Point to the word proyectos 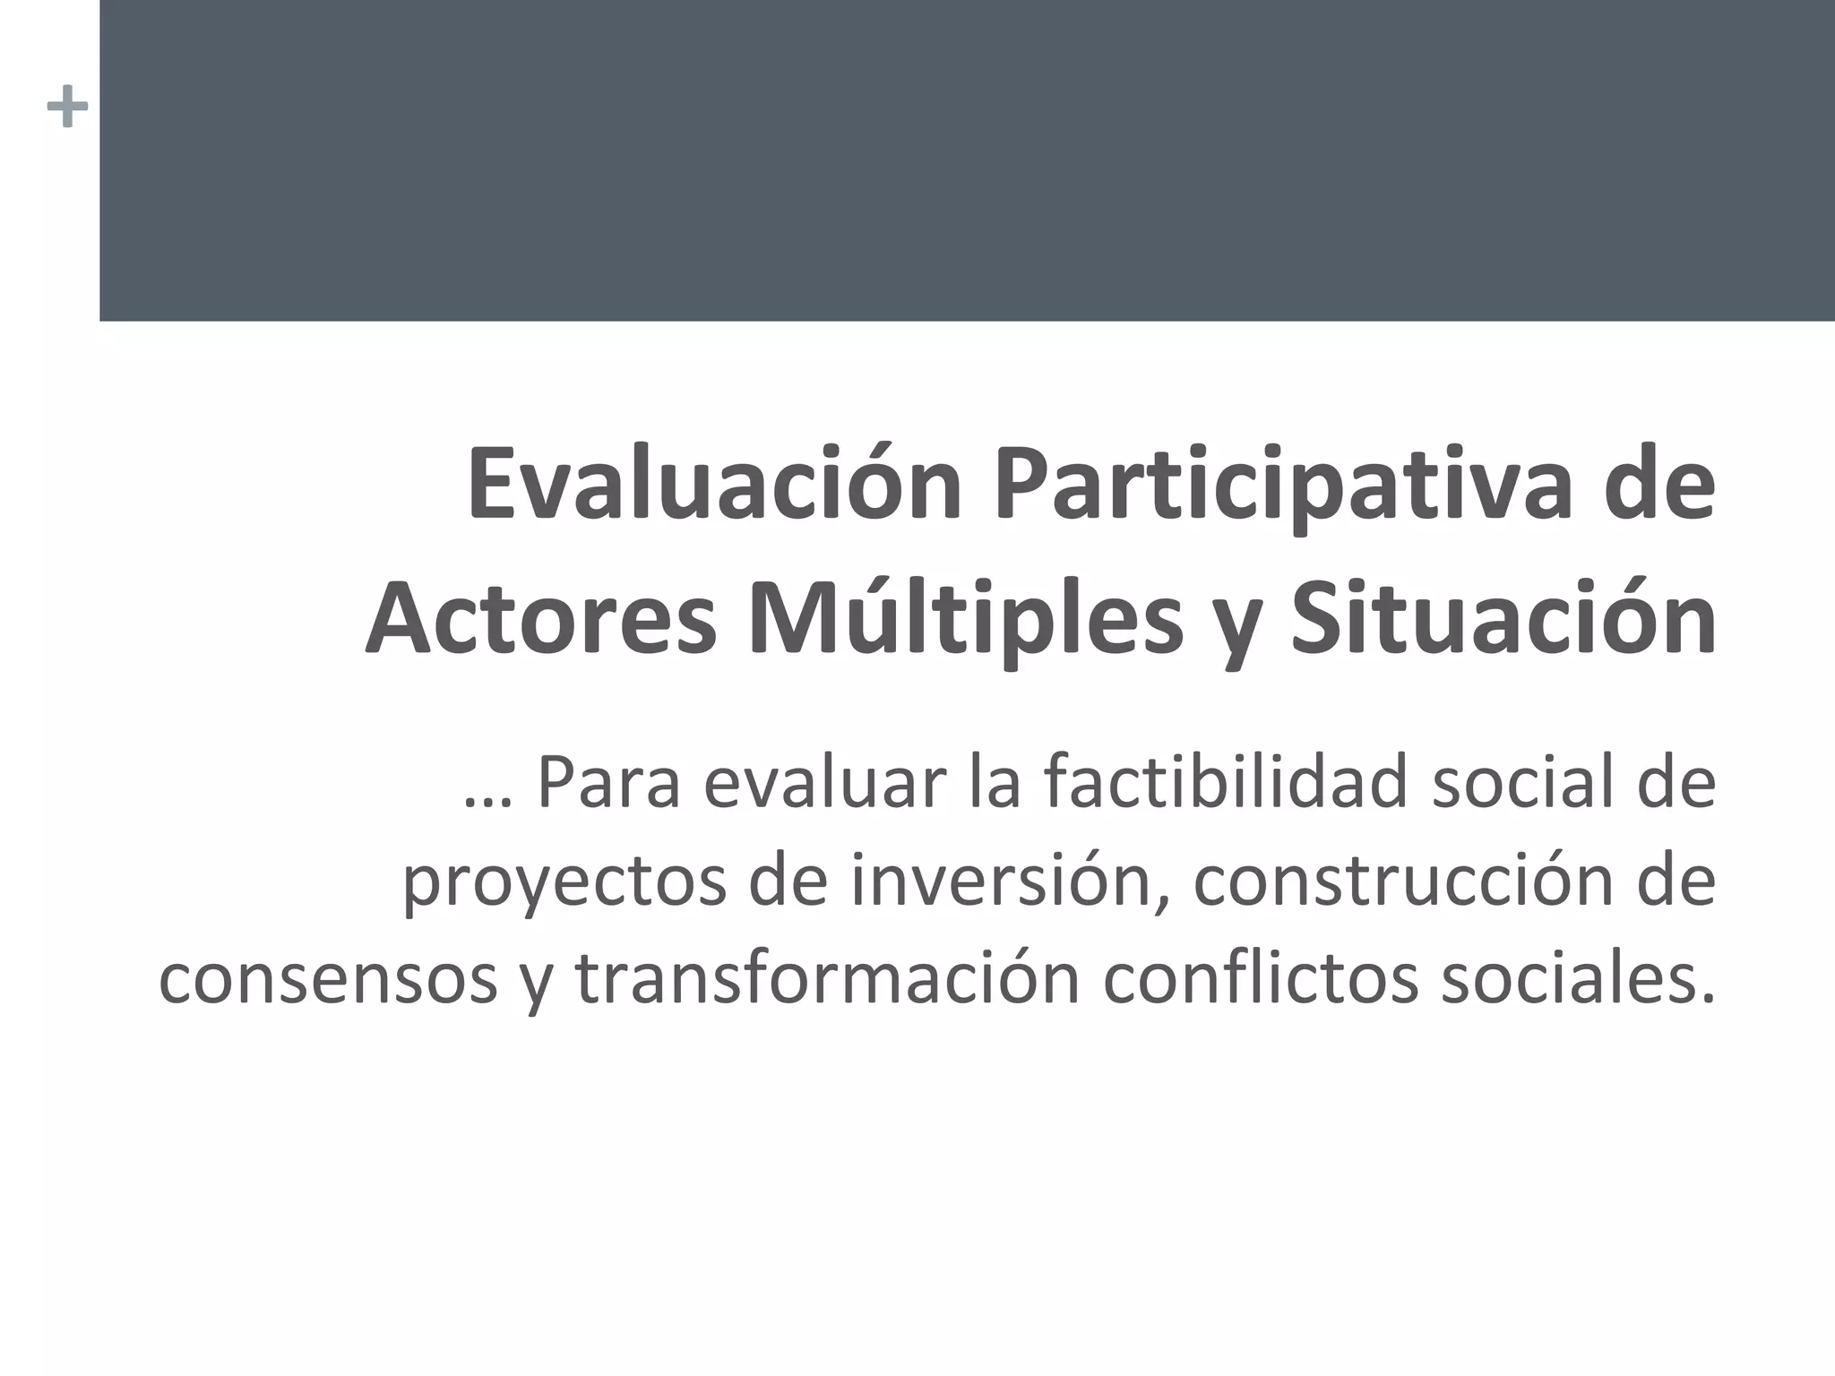pos(564,883)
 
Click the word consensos pos(327,978)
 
